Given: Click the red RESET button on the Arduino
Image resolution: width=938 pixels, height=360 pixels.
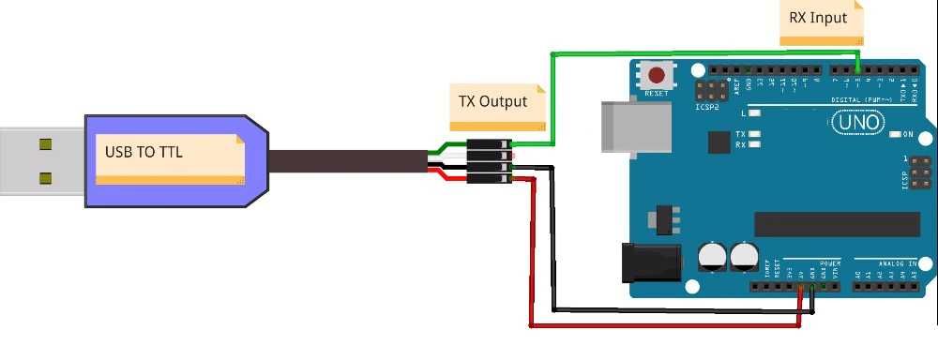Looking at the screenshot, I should (x=657, y=75).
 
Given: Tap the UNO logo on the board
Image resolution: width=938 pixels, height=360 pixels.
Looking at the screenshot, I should (x=856, y=123).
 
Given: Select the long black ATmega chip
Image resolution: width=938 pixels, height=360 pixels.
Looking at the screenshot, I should (x=837, y=224).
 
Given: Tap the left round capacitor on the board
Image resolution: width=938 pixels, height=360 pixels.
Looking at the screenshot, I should (x=712, y=256).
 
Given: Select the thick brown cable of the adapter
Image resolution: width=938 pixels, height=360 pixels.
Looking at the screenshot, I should (x=347, y=160).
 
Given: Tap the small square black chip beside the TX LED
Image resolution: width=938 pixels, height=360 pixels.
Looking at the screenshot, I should (x=719, y=142).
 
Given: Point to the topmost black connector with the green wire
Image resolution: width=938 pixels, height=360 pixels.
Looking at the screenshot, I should (x=489, y=145).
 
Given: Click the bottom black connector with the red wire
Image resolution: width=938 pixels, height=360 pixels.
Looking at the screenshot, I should (x=489, y=177).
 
